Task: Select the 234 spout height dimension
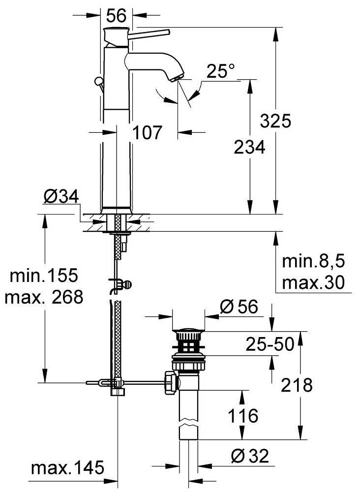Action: pyautogui.click(x=249, y=147)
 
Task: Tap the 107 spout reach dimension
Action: pyautogui.click(x=147, y=132)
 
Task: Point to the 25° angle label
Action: pyautogui.click(x=221, y=71)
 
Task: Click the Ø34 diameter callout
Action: pyautogui.click(x=61, y=197)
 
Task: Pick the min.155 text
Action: pyautogui.click(x=44, y=276)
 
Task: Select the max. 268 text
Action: pyautogui.click(x=44, y=297)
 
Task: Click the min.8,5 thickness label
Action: pyautogui.click(x=313, y=261)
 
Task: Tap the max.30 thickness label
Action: pyautogui.click(x=313, y=282)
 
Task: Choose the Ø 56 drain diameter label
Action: pyautogui.click(x=239, y=306)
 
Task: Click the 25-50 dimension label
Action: pyautogui.click(x=270, y=344)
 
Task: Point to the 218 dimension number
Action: pyautogui.click(x=297, y=385)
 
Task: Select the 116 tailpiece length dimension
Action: pyautogui.click(x=243, y=416)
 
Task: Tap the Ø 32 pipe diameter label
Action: pyautogui.click(x=250, y=456)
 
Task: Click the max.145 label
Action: pyautogui.click(x=67, y=467)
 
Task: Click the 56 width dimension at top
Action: pyautogui.click(x=116, y=15)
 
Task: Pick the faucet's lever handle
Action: pyautogui.click(x=150, y=33)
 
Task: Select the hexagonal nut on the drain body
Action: pyautogui.click(x=172, y=382)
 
